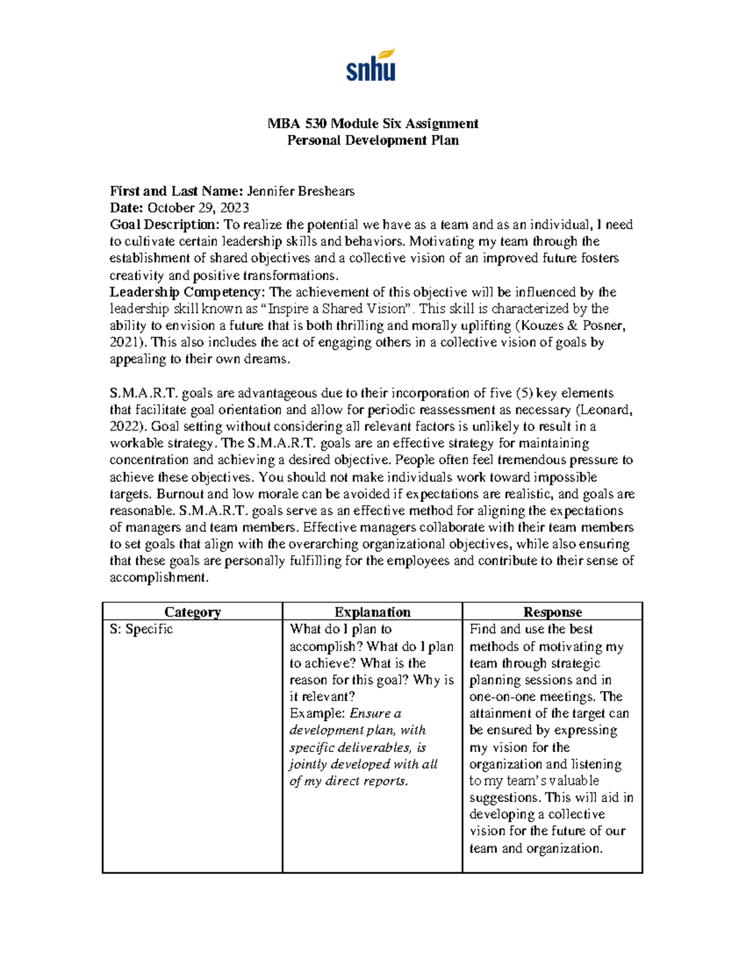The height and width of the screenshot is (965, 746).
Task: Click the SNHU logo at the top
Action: pyautogui.click(x=371, y=65)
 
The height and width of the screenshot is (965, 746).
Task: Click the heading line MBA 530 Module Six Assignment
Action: pyautogui.click(x=372, y=123)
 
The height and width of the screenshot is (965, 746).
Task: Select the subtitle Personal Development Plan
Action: pyautogui.click(x=372, y=140)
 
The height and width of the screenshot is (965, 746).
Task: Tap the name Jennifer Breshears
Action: pyautogui.click(x=301, y=191)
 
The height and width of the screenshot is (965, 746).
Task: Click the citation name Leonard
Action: pyautogui.click(x=605, y=409)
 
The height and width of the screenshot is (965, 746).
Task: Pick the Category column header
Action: pyautogui.click(x=192, y=612)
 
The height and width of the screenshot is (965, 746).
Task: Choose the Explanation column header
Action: pyautogui.click(x=372, y=612)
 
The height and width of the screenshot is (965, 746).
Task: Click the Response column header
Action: pyautogui.click(x=552, y=612)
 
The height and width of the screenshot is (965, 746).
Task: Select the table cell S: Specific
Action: pyautogui.click(x=141, y=629)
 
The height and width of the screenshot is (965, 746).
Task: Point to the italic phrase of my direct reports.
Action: pyautogui.click(x=349, y=781)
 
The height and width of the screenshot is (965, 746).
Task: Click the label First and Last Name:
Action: pyautogui.click(x=177, y=191)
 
